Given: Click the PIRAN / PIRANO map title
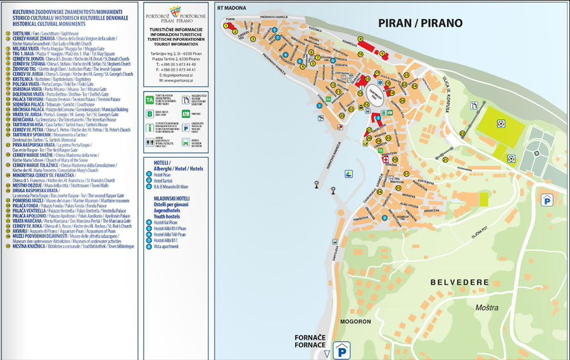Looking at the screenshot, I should tap(420, 23).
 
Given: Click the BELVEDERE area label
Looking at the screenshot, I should tap(459, 282).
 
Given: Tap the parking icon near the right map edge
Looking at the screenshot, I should tap(545, 200).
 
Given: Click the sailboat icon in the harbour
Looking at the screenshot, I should tap(349, 172).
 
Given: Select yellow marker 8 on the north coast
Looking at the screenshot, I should tap(360, 39).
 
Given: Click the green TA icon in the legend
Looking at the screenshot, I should tap(149, 100).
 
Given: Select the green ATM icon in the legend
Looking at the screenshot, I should tap(185, 113).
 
